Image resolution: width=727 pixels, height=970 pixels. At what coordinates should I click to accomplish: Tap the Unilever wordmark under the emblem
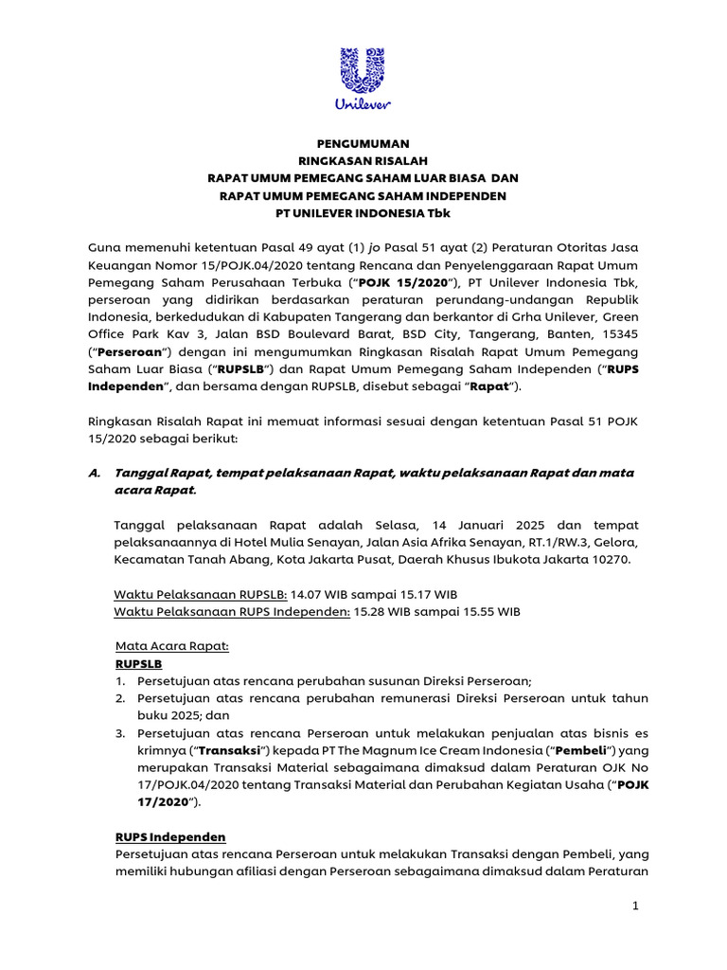point(363,101)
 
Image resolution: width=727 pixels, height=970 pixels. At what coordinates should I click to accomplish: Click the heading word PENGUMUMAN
point(363,143)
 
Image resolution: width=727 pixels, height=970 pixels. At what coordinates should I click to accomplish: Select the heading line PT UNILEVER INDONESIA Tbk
point(363,213)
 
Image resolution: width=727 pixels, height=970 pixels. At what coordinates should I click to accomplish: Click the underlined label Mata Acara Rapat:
point(171,646)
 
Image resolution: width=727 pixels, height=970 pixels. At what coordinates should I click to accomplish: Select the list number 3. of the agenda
point(120,732)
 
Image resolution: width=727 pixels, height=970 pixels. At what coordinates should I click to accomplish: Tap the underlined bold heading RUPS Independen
point(170,837)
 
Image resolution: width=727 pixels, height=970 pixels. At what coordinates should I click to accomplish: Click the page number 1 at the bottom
point(637,907)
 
